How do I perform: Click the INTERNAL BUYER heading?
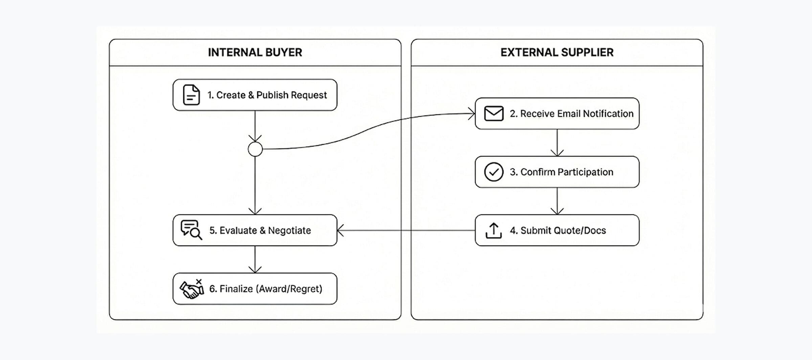[x=255, y=52]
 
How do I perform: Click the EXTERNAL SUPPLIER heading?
[x=557, y=52]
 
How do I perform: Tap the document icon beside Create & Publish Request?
[x=191, y=95]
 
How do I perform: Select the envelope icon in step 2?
[x=494, y=114]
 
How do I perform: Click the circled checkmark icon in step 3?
[x=494, y=172]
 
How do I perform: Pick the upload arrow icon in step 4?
[x=494, y=230]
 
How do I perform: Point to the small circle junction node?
[x=255, y=149]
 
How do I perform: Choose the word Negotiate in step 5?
[x=289, y=230]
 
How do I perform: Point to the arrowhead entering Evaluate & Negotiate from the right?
[x=340, y=230]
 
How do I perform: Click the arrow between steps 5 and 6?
[x=255, y=260]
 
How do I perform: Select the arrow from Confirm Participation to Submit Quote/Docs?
[x=557, y=201]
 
